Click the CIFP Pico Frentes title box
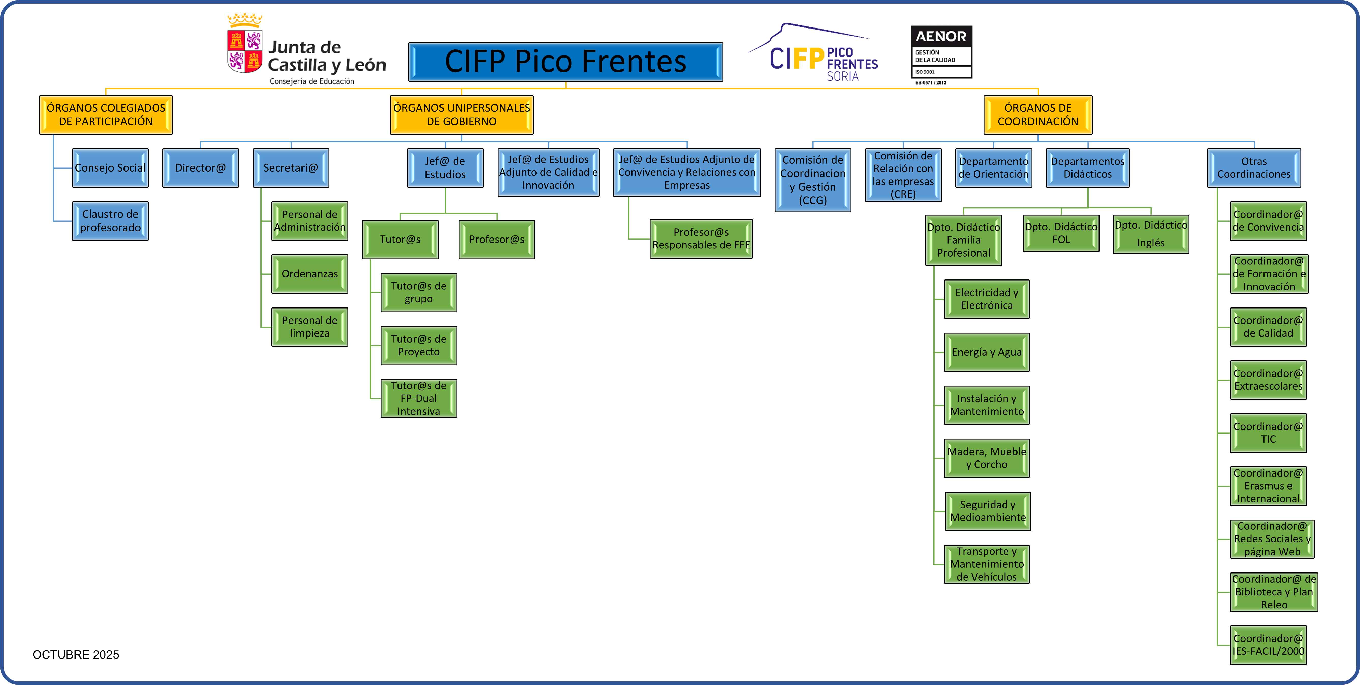(566, 62)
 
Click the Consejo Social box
(110, 168)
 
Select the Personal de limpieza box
(309, 327)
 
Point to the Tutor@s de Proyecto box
(419, 345)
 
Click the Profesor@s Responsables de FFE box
(700, 239)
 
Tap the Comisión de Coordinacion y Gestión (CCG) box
(813, 180)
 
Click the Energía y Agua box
(986, 352)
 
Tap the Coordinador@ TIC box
(1268, 433)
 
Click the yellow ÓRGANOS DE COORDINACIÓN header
(1037, 115)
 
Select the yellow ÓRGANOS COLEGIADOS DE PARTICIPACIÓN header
(106, 115)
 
